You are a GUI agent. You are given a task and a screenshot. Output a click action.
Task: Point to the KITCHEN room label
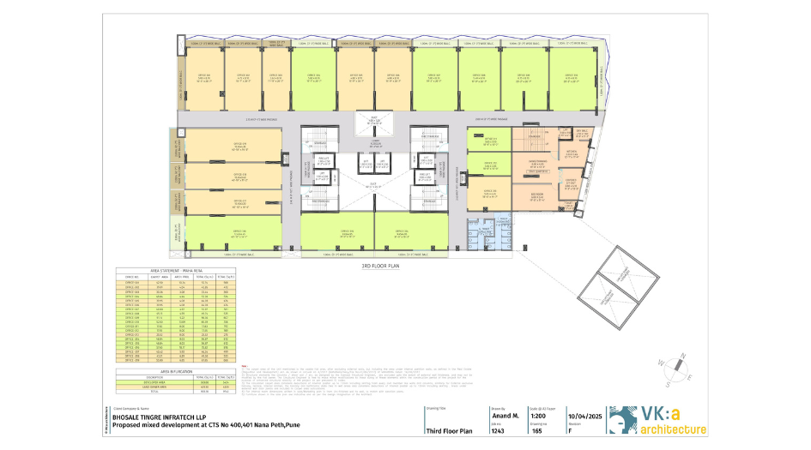(x=572, y=153)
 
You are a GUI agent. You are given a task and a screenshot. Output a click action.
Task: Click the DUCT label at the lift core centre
(x=373, y=183)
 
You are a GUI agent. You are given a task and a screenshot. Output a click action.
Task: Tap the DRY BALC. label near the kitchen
(x=581, y=131)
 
